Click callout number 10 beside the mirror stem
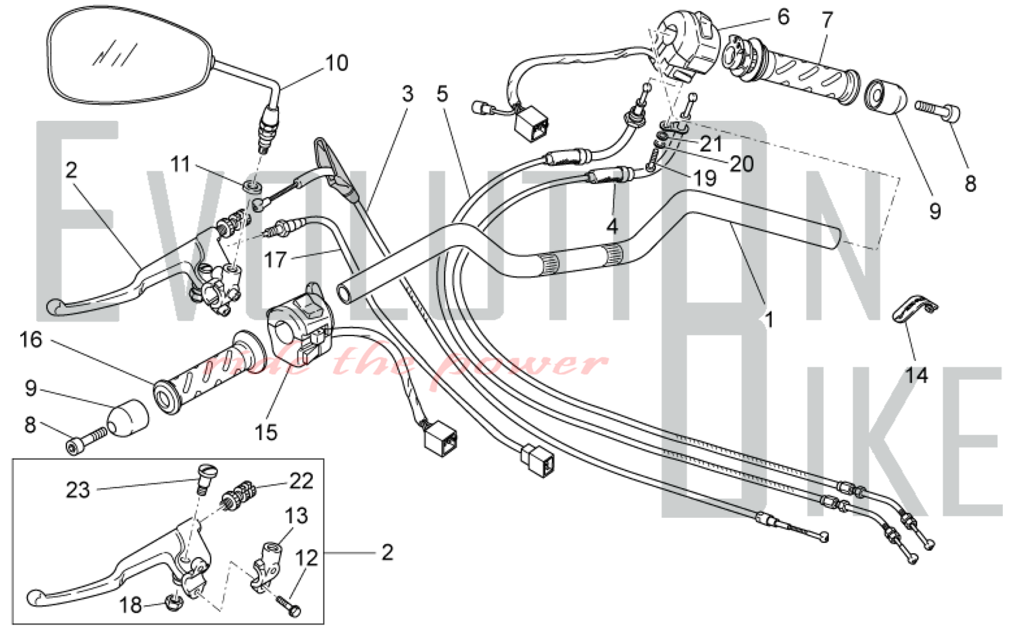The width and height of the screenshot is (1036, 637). coord(337,63)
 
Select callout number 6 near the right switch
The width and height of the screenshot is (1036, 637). coord(783,17)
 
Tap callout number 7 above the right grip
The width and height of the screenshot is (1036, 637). coord(827,20)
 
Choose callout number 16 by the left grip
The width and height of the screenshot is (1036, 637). coord(31,340)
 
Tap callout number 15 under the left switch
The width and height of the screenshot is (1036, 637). coord(266,432)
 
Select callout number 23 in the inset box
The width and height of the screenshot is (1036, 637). coord(78,490)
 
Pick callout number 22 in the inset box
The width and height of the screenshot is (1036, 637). coord(301,481)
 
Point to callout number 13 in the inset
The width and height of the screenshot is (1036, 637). coord(296,516)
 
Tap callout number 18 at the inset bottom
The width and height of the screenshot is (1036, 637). coord(130,605)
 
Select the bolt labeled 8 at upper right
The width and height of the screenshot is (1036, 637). coord(938,110)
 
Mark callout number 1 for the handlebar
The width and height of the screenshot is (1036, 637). coord(769,320)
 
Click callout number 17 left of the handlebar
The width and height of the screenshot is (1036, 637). coord(275,259)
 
